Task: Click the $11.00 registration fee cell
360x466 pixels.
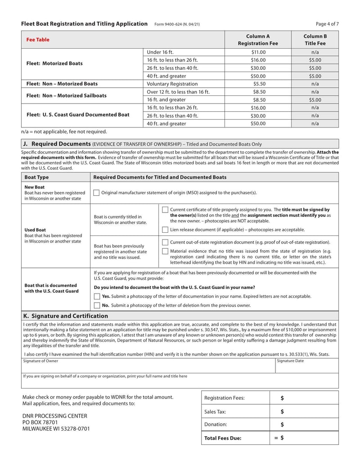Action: (x=258, y=52)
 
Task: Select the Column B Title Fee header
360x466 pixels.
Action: (x=315, y=40)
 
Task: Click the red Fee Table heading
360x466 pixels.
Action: (x=38, y=40)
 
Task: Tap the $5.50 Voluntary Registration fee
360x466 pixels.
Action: (x=258, y=84)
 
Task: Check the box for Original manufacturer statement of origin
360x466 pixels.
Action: (x=96, y=193)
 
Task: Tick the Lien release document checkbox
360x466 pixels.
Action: (x=165, y=230)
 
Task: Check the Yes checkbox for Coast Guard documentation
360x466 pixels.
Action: (x=97, y=296)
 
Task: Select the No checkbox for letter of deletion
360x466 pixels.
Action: (x=97, y=305)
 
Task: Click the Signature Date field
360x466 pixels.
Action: (x=306, y=366)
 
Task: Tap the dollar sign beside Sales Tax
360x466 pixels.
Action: (x=282, y=411)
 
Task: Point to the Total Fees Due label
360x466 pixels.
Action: (x=223, y=438)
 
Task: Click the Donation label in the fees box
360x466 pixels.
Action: (x=216, y=424)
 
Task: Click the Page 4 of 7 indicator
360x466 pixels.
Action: (x=327, y=24)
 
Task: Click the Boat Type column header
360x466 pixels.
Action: (x=36, y=177)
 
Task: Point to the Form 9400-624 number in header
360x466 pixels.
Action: (x=177, y=24)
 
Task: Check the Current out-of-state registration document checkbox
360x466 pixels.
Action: (x=165, y=242)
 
